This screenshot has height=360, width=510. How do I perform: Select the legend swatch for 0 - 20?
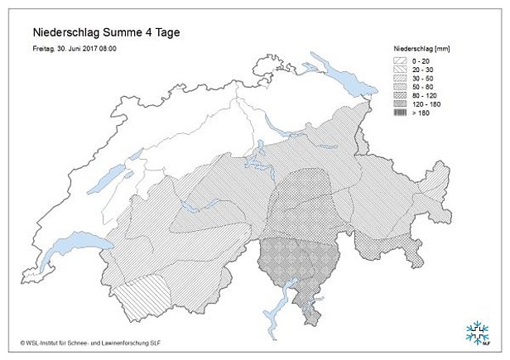[401, 60]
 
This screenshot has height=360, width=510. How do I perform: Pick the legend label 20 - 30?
[424, 71]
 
